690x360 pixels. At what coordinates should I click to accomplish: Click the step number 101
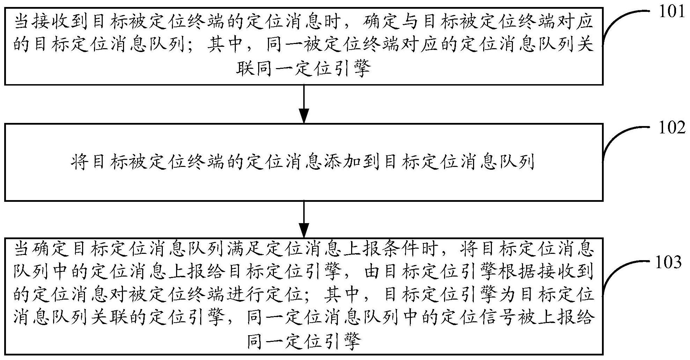[x=671, y=12]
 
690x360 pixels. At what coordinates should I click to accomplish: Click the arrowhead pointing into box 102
[x=304, y=116]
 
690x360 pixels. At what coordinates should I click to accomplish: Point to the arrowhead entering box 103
[x=304, y=232]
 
